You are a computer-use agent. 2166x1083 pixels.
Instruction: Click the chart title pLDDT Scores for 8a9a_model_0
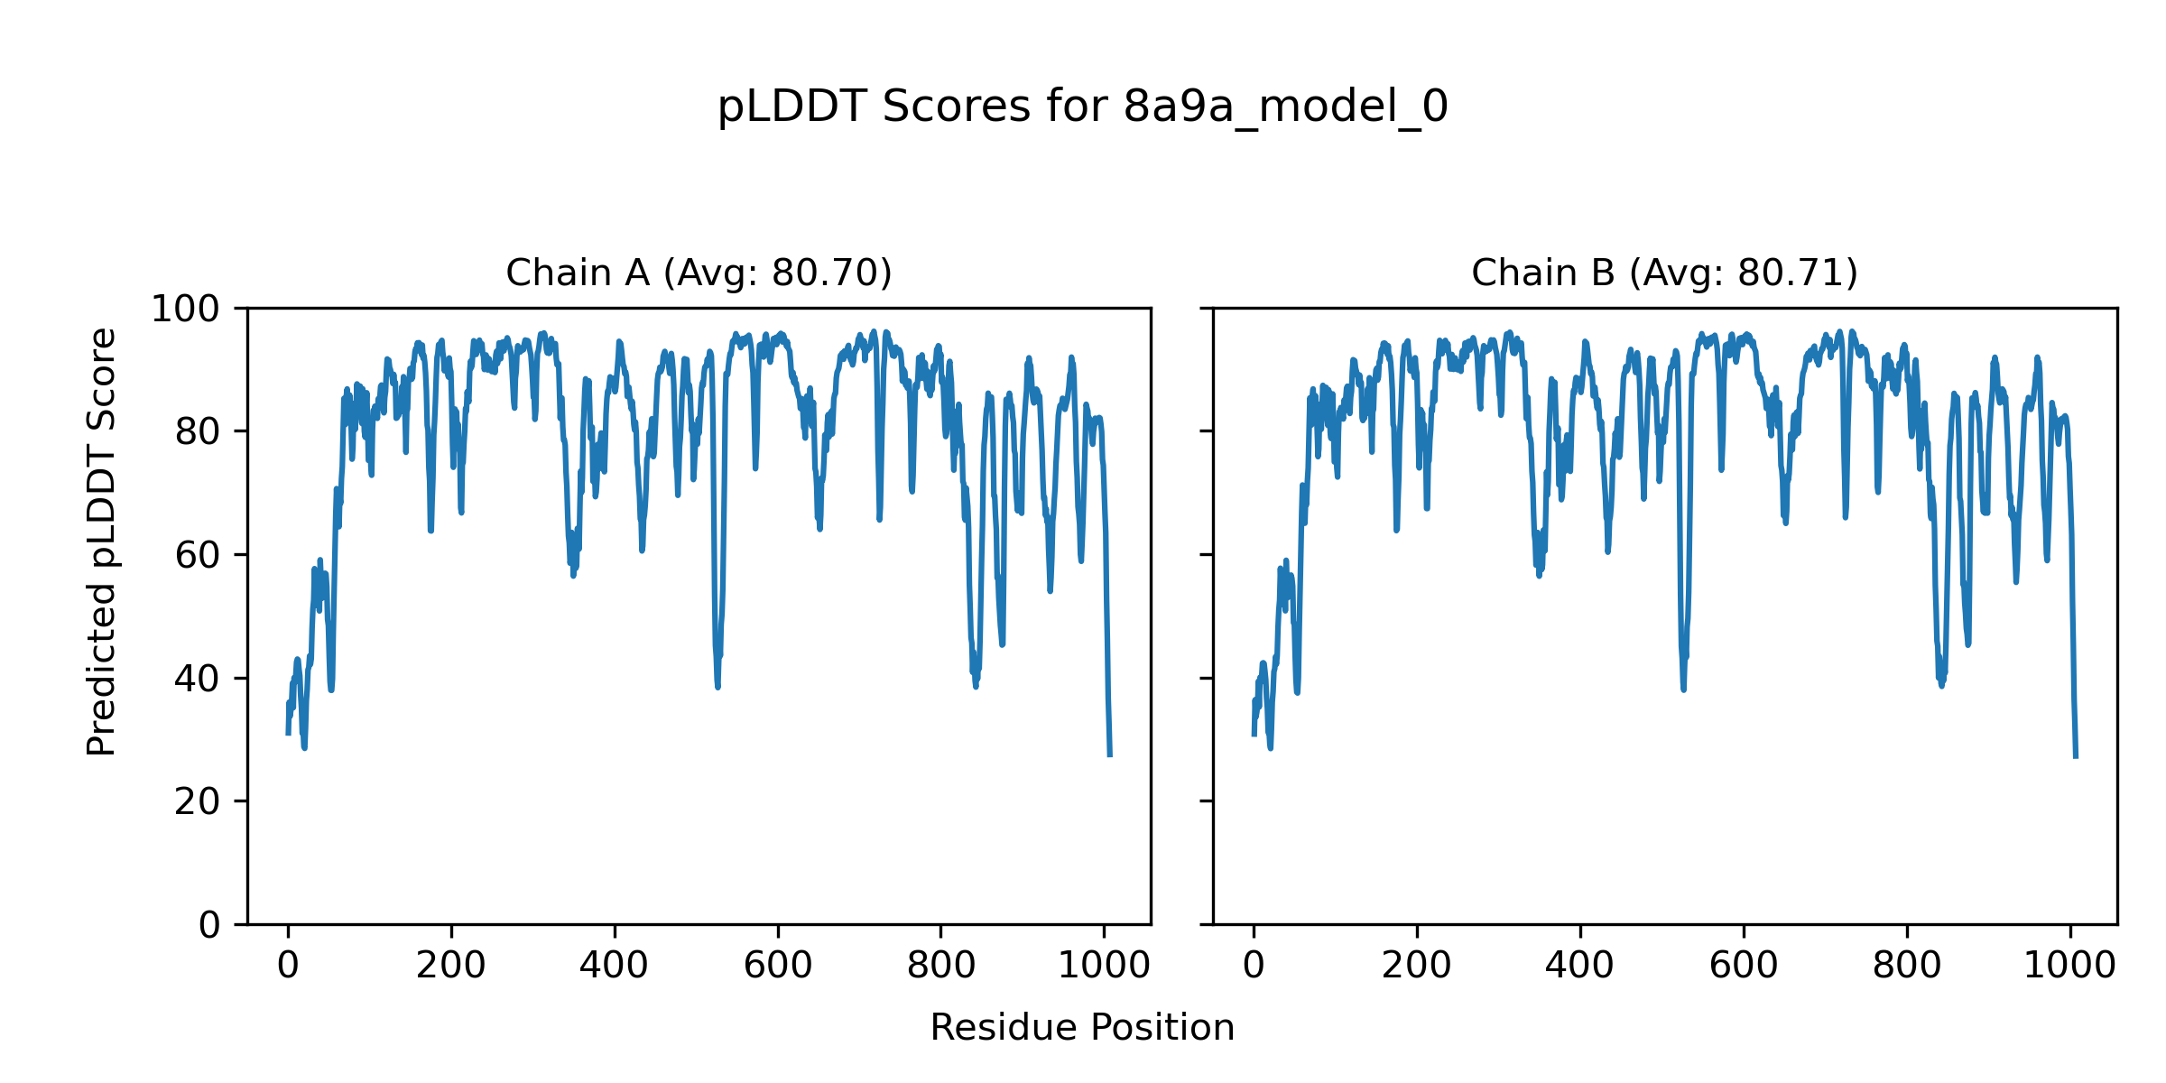click(1082, 107)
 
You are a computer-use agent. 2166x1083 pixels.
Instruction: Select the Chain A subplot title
click(699, 273)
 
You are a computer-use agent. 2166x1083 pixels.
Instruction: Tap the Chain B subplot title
click(1664, 273)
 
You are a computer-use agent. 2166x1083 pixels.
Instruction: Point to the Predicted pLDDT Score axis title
click(102, 541)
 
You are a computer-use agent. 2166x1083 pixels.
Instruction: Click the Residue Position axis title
click(1082, 1027)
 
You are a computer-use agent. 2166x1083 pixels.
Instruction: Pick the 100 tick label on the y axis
click(185, 310)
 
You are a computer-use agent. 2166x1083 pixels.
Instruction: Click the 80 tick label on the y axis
click(198, 432)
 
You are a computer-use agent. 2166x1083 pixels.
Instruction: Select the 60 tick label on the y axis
click(198, 555)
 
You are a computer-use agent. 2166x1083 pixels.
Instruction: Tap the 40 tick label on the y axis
click(198, 679)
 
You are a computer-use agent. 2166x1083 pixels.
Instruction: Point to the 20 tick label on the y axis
click(198, 801)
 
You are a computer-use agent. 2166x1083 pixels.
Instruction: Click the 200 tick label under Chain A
click(451, 966)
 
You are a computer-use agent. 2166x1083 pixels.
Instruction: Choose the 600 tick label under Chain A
click(778, 966)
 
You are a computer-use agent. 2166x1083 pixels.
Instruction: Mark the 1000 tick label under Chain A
click(1104, 966)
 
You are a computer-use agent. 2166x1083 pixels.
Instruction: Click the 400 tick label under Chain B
click(1580, 966)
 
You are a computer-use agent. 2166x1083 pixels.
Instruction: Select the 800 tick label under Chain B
click(1907, 966)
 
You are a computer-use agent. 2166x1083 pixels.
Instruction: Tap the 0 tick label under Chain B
click(1254, 966)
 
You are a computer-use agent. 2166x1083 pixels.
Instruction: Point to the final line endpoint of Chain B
click(2076, 756)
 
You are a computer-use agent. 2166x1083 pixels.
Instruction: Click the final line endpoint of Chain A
click(1110, 755)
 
